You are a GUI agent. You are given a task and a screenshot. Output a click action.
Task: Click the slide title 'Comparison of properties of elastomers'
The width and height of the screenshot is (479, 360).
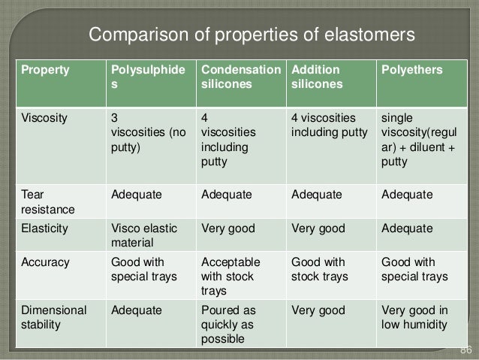[x=252, y=35]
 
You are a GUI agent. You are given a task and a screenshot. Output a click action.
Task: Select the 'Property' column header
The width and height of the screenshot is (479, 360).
[x=44, y=70]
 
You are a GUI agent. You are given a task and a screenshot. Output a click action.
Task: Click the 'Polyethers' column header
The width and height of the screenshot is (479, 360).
[x=412, y=70]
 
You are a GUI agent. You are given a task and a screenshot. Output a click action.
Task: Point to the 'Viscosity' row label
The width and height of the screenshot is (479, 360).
[x=44, y=118]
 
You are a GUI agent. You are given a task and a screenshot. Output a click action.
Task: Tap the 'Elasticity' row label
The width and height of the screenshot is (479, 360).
[x=44, y=228]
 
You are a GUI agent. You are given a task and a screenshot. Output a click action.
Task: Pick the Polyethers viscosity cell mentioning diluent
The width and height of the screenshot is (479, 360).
[x=418, y=140]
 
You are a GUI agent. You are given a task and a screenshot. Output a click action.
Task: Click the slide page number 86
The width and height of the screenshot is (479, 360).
[x=465, y=350]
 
